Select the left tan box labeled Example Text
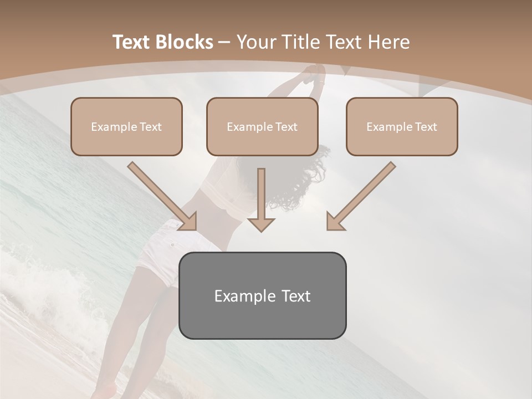(126, 126)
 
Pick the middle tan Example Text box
(262, 126)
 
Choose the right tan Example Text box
(402, 126)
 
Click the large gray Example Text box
(262, 295)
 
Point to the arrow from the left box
(161, 194)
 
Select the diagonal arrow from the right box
(363, 194)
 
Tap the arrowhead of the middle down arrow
(261, 224)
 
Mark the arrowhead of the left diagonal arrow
(188, 222)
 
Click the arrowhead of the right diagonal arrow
(335, 222)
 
